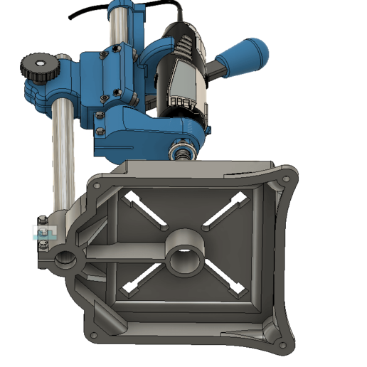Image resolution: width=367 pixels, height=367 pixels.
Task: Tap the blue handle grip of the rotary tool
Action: point(246,56)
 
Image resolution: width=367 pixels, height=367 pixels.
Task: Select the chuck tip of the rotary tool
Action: point(179,152)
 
